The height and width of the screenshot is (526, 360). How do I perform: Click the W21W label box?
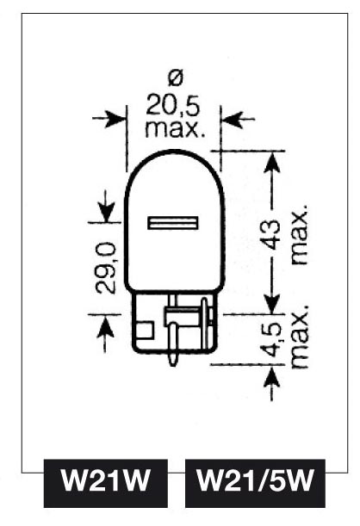point(105,483)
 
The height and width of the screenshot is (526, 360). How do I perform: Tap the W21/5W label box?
point(255,483)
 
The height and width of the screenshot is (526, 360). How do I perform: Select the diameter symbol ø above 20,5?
point(176,77)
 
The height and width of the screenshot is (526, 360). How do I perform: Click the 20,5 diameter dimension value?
point(173,106)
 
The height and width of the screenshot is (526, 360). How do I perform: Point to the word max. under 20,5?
point(175,128)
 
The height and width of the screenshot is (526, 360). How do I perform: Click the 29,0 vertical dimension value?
point(105,269)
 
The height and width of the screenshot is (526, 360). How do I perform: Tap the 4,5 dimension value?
point(272,339)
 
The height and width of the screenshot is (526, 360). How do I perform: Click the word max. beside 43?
point(299,234)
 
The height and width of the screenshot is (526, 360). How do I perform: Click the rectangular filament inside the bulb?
point(173,223)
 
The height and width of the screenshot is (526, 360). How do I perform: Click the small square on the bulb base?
point(146,330)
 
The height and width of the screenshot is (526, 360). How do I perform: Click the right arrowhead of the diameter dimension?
point(233,119)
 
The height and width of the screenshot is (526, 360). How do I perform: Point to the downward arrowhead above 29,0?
point(106,212)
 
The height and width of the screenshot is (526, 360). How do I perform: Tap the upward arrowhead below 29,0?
point(106,325)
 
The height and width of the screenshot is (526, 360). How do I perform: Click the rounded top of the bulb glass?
point(174,151)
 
